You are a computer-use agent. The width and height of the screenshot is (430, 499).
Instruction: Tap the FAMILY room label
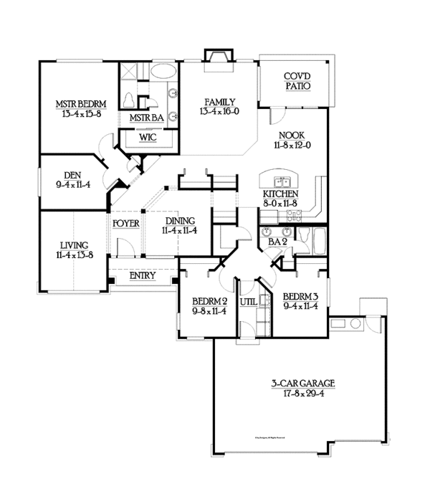pyautogui.click(x=219, y=102)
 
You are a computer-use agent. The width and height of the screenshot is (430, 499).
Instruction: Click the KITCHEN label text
pyautogui.click(x=280, y=194)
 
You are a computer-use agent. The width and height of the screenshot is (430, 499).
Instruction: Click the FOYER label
pyautogui.click(x=126, y=222)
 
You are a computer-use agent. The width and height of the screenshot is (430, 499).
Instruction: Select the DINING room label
pyautogui.click(x=179, y=221)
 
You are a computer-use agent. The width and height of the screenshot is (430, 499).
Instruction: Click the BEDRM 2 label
pyautogui.click(x=209, y=301)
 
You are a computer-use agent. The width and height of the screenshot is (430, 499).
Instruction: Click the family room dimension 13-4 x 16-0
pyautogui.click(x=219, y=111)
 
